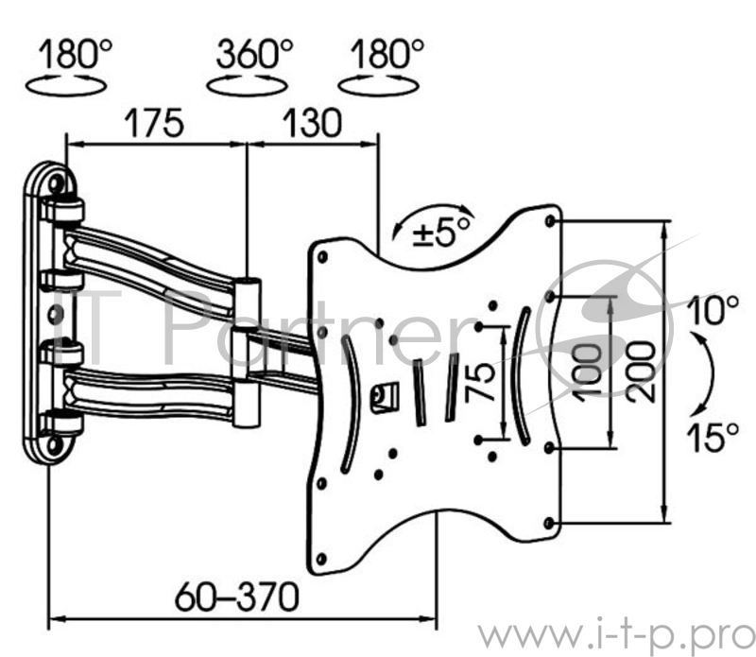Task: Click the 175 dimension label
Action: [150, 123]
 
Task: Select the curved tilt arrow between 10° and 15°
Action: [700, 373]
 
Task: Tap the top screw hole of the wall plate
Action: [59, 181]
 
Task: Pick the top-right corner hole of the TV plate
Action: [551, 222]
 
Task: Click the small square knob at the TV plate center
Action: [384, 395]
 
